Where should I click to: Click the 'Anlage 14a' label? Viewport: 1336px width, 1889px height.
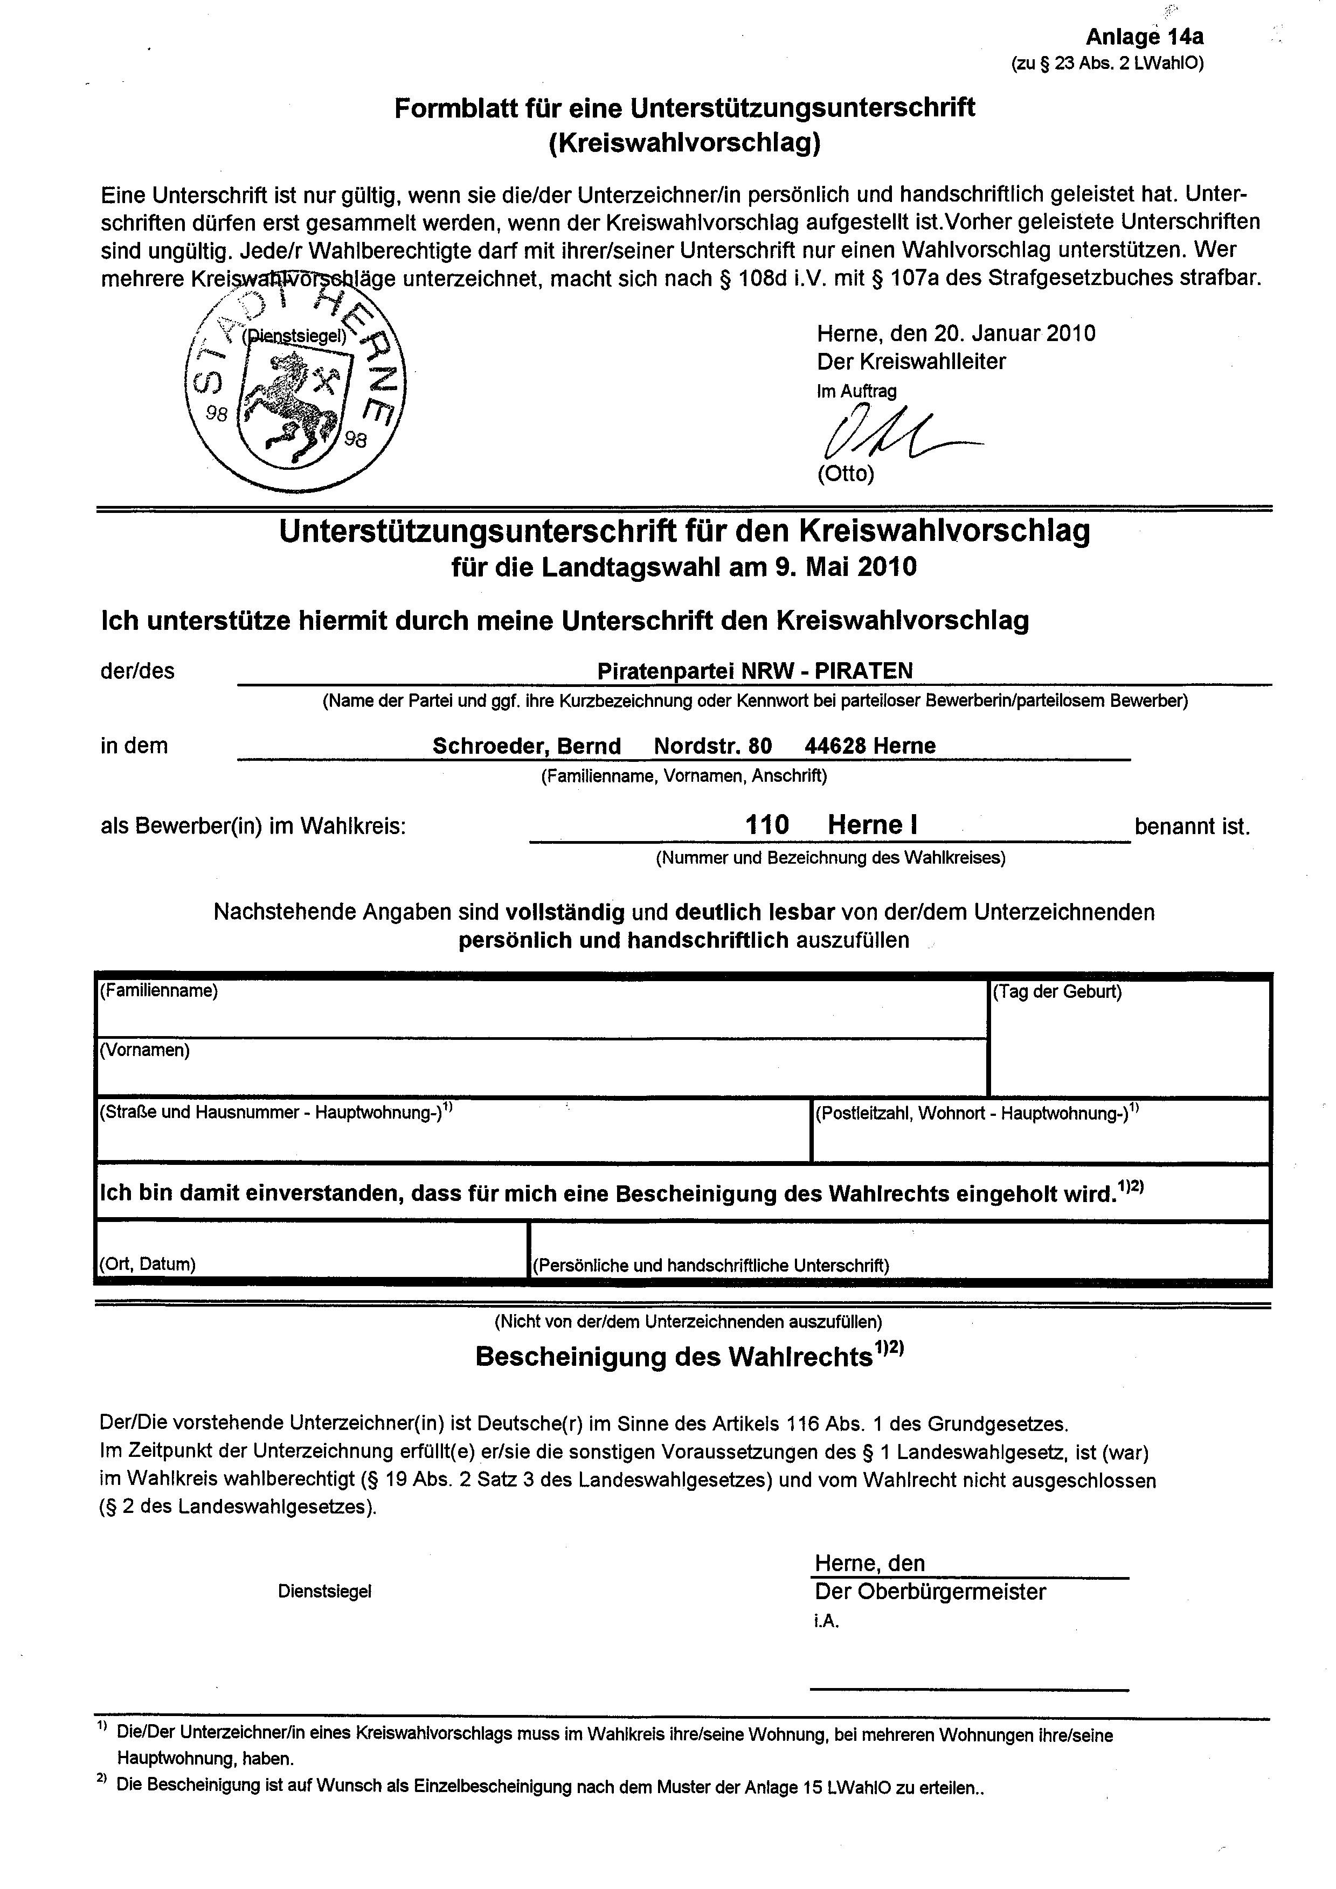point(1144,37)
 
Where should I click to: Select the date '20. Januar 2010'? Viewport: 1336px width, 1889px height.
point(1014,333)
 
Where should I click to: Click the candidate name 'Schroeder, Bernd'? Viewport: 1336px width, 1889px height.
point(527,746)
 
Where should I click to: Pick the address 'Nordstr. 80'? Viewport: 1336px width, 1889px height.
point(713,746)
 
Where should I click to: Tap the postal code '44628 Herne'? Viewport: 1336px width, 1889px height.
point(870,746)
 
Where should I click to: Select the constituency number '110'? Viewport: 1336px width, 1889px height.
point(766,824)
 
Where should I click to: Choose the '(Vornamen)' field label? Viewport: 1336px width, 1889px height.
point(145,1051)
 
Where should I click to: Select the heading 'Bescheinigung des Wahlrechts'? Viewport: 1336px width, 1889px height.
point(673,1357)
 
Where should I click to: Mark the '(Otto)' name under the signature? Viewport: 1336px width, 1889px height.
point(846,474)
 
